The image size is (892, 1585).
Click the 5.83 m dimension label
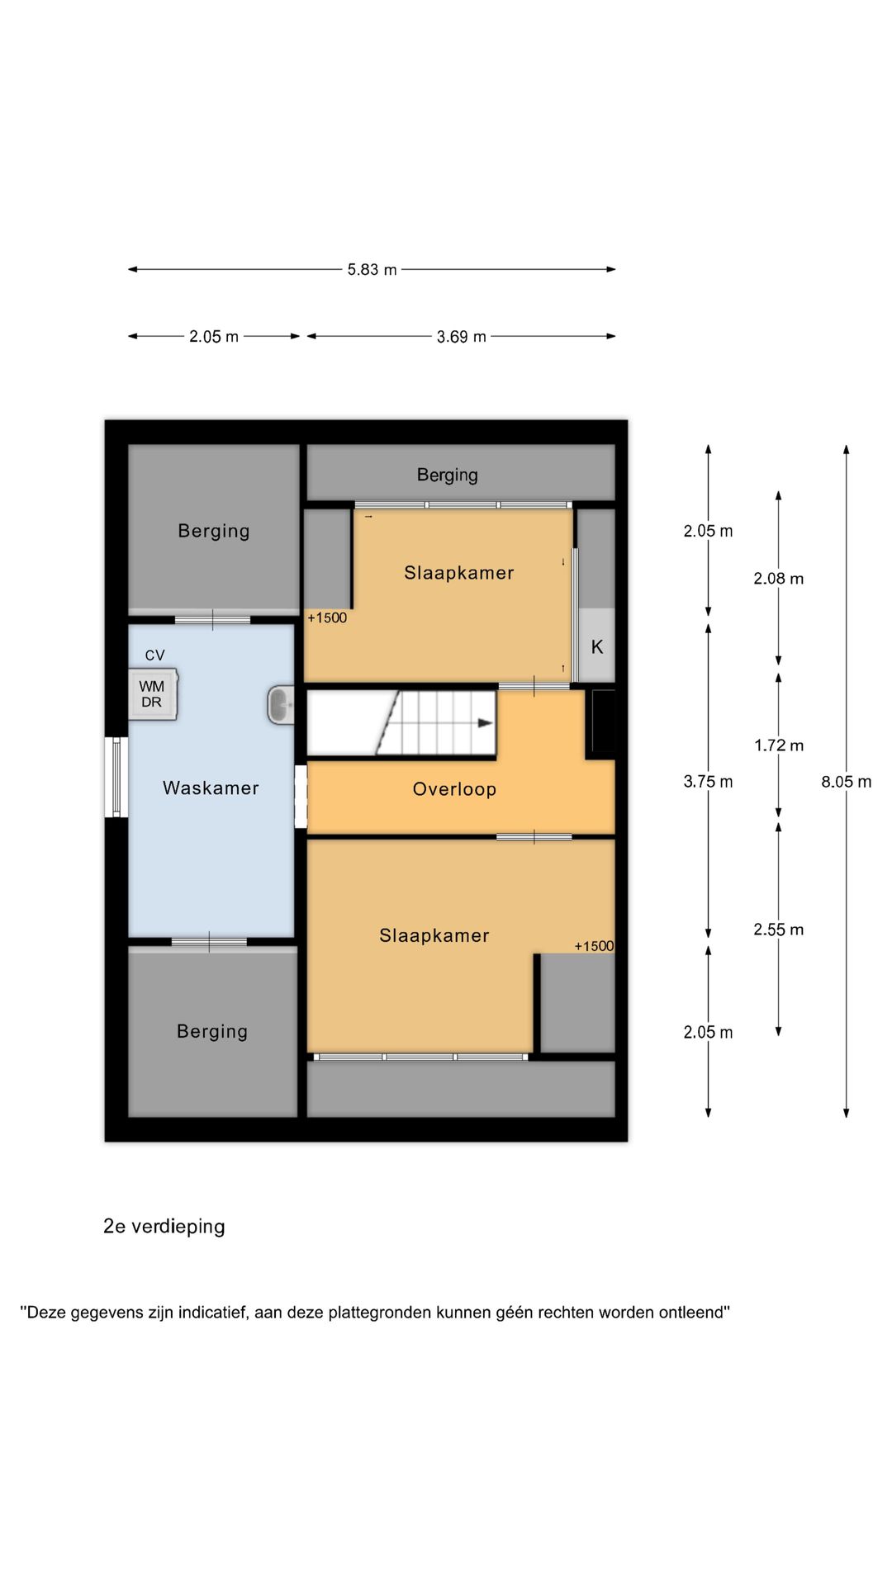pos(372,270)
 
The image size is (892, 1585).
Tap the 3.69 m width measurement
pos(461,337)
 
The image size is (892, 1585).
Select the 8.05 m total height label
pos(846,782)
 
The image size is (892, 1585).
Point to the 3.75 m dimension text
pos(708,782)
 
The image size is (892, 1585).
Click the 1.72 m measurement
pos(778,745)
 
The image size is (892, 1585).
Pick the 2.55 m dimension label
pos(778,930)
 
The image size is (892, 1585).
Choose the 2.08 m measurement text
pos(778,579)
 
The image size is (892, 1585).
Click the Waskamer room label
pos(211,788)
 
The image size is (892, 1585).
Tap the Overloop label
pos(454,789)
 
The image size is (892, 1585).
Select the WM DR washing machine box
pos(153,694)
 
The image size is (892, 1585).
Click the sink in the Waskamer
pos(281,706)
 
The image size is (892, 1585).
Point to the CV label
pos(154,655)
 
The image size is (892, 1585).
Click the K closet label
pos(597,647)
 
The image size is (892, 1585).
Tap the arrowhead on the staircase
pos(486,723)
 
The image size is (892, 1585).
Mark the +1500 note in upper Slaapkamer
pos(327,617)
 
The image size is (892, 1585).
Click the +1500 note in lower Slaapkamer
pos(594,946)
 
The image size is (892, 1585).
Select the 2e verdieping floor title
pos(164,1227)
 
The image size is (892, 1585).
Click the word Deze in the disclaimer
pos(45,1313)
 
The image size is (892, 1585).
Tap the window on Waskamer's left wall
pos(116,777)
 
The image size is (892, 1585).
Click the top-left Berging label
pos(213,531)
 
